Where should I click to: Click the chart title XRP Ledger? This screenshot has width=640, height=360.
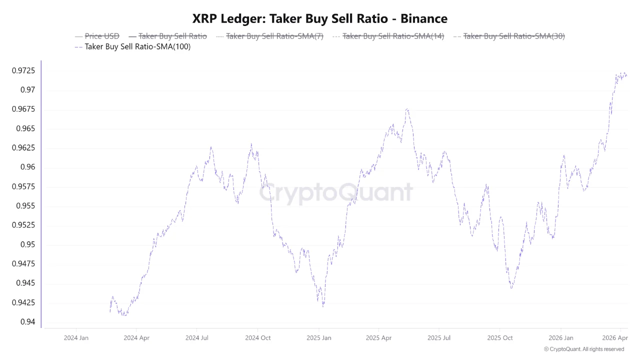point(320,18)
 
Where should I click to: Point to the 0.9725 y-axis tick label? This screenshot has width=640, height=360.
point(23,71)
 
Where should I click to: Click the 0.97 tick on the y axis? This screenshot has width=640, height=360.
point(28,90)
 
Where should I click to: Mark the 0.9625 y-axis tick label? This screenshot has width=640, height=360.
point(23,148)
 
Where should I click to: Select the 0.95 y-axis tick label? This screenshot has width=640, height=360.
point(28,244)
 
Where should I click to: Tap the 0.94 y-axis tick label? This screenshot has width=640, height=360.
point(28,321)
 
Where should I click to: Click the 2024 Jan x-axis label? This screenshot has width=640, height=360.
point(76,338)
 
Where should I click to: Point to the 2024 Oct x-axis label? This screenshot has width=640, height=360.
point(258,338)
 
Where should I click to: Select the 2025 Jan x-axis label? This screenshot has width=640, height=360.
point(319,338)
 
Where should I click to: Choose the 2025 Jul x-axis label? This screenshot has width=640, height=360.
point(439,338)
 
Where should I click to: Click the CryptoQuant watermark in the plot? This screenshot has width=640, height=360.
point(336,192)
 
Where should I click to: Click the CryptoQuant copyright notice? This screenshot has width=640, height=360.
point(583,349)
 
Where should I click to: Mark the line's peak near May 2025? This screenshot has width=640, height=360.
point(407,108)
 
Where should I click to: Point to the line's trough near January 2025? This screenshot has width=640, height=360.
point(323,306)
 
